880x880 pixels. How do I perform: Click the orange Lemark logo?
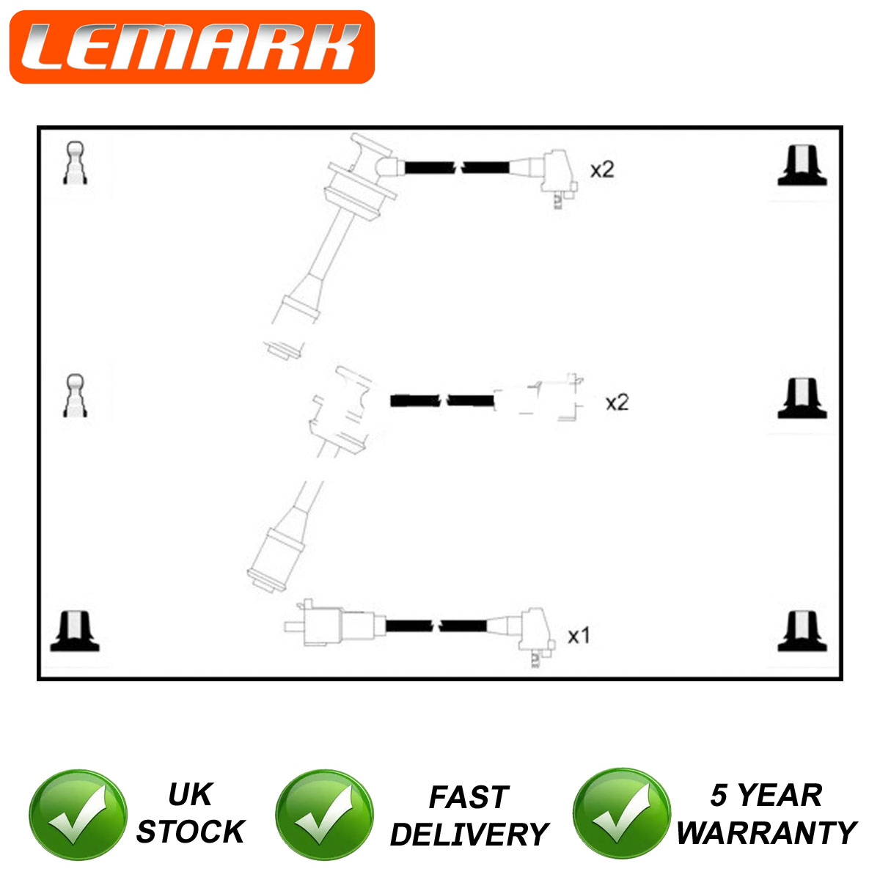192,47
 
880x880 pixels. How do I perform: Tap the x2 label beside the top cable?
602,170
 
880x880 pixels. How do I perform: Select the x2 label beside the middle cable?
617,403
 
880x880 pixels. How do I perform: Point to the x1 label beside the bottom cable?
579,636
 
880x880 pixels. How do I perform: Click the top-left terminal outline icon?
75,163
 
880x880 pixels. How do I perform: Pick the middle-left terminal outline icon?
75,395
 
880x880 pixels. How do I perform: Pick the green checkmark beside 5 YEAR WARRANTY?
622,813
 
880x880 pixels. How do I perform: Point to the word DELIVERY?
469,835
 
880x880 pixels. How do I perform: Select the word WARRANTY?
767,833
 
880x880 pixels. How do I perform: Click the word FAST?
469,797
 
